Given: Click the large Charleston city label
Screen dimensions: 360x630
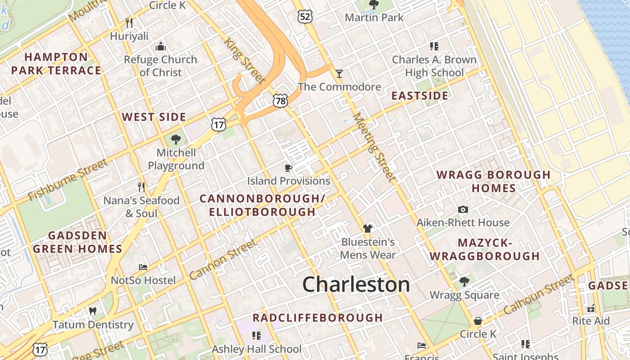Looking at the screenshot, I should click(356, 284).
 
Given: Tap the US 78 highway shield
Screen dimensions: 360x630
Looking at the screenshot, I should click(280, 101).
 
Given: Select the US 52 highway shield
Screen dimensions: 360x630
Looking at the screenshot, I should click(305, 17).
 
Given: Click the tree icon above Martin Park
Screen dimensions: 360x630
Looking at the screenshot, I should click(373, 5).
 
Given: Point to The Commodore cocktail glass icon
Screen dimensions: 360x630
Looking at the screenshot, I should click(339, 73).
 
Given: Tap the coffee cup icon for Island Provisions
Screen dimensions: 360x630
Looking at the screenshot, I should click(288, 168).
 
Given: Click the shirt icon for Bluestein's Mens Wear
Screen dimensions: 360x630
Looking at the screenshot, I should click(368, 229).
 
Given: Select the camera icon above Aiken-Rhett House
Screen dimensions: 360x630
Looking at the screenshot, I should click(463, 209).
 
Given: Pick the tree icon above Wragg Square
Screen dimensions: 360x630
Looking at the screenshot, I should click(464, 282).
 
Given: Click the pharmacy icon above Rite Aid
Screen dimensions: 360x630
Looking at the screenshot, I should click(591, 308).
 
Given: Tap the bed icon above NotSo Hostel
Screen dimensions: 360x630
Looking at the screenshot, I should click(143, 267).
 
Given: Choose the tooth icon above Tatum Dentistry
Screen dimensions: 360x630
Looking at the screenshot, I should click(93, 311).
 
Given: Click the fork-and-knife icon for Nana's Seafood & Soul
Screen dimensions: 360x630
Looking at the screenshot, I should click(141, 187).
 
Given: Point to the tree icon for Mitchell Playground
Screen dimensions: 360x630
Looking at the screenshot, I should click(176, 139).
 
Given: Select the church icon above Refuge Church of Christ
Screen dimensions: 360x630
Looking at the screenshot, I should click(161, 46).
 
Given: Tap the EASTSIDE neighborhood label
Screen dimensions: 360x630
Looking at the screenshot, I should click(419, 96).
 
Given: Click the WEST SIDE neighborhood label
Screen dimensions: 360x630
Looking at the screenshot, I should click(154, 117).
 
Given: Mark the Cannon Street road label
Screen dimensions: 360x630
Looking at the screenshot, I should click(223, 259).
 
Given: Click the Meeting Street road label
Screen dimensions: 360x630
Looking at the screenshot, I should click(374, 147).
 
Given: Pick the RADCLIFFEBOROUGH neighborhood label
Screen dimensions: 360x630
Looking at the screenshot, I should click(318, 318).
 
